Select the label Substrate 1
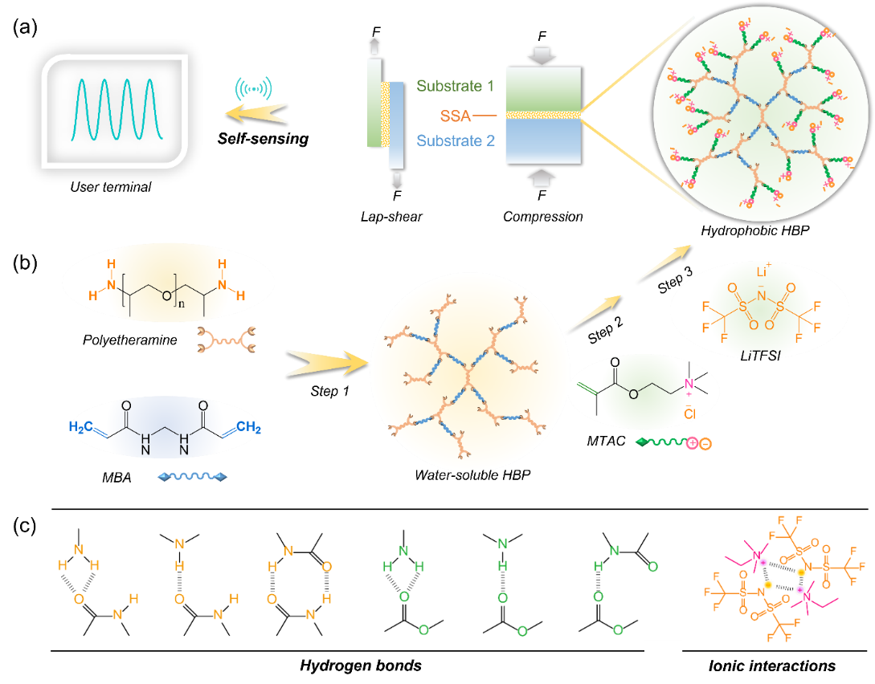[x=456, y=86]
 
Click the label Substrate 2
[x=456, y=141]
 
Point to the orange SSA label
[x=455, y=116]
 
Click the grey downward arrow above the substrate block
[x=542, y=55]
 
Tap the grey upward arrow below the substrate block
[x=542, y=177]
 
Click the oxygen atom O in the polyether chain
[x=165, y=296]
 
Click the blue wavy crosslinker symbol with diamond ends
[x=193, y=477]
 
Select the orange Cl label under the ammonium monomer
[x=689, y=415]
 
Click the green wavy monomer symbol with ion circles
[x=673, y=442]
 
